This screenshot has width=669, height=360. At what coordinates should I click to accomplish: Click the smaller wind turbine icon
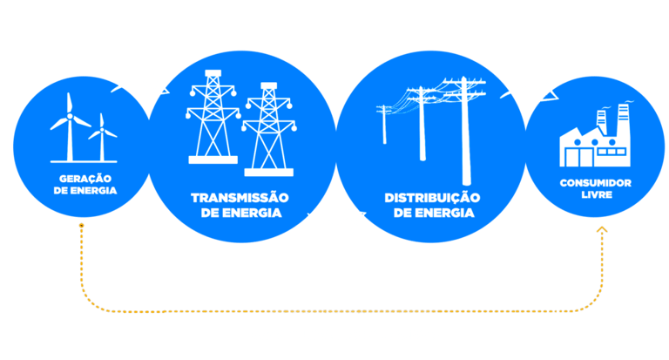tap(103, 138)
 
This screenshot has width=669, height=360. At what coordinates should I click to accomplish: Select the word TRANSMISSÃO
tap(240, 198)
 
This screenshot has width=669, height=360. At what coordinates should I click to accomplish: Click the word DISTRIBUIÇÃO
tap(432, 198)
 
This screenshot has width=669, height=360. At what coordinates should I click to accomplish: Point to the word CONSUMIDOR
tap(596, 183)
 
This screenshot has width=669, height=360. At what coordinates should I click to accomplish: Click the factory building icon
tap(595, 139)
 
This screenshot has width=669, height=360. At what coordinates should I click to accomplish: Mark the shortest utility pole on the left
tap(384, 125)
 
